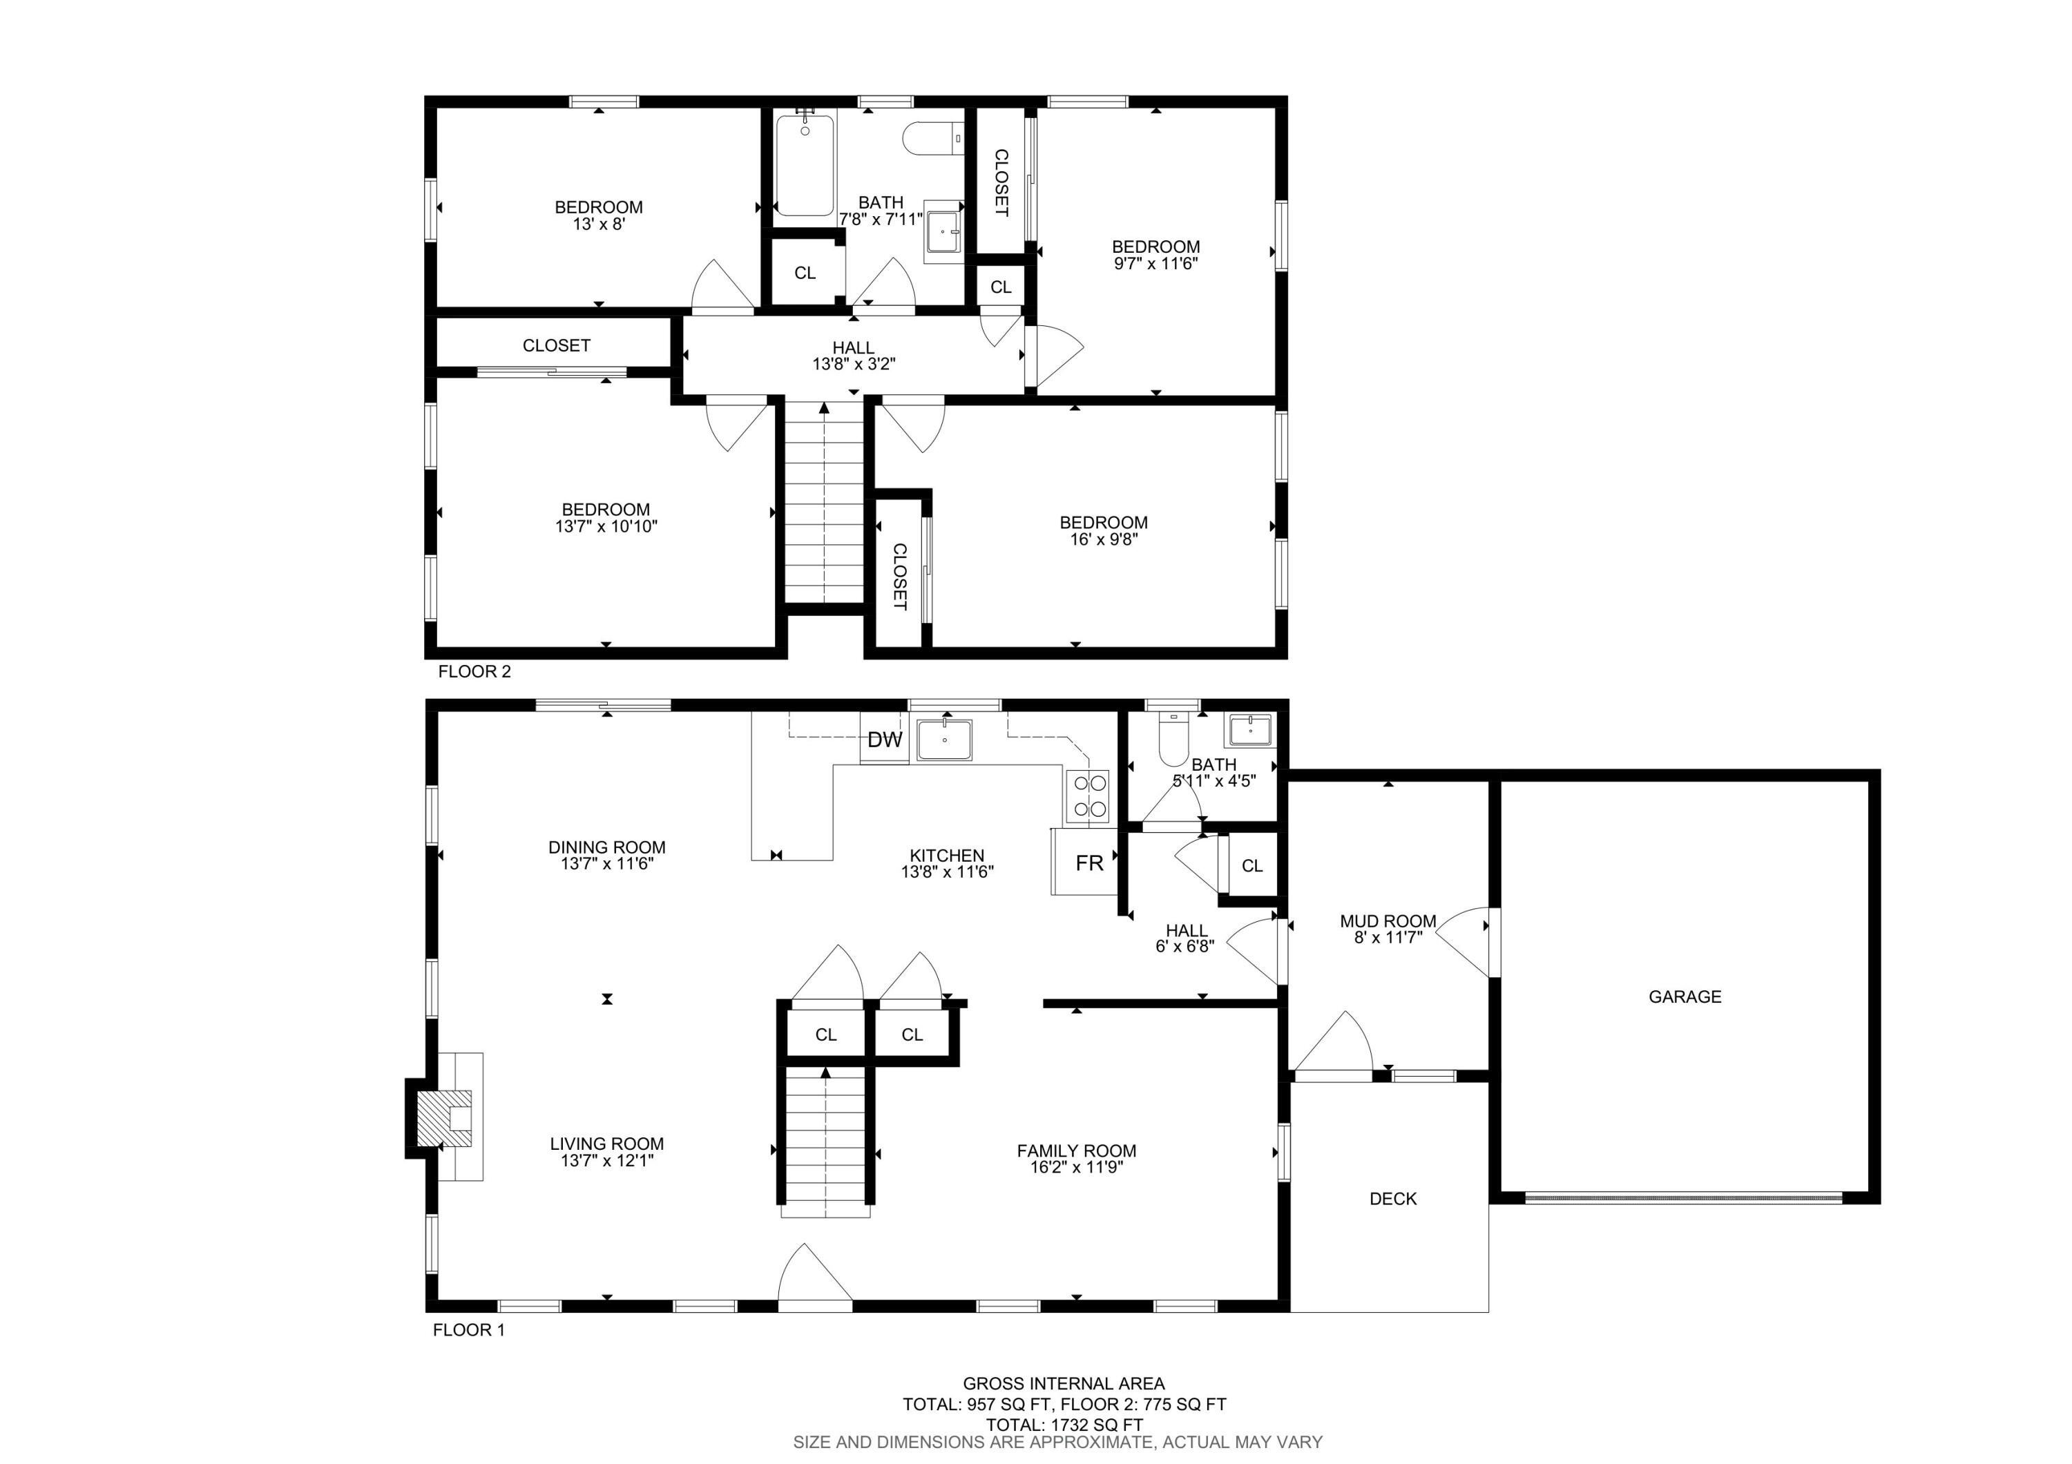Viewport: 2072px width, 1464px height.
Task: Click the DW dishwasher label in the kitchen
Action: (x=884, y=740)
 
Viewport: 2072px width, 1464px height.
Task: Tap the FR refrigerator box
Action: (x=1088, y=863)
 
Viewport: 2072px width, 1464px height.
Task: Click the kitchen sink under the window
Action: (x=945, y=740)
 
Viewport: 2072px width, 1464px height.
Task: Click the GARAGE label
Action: (x=1684, y=996)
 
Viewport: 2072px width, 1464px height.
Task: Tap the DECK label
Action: (x=1392, y=1199)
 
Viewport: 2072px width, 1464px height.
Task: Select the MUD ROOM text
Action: (x=1387, y=921)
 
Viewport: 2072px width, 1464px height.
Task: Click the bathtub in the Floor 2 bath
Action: (x=804, y=165)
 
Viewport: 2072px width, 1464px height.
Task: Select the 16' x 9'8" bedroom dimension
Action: (x=1103, y=539)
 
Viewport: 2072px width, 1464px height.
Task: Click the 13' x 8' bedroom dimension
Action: (x=598, y=224)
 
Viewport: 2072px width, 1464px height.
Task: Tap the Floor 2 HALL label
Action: (x=853, y=347)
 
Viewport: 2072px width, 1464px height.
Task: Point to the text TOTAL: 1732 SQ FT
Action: (x=1063, y=1425)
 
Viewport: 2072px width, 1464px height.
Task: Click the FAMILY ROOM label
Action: (x=1075, y=1151)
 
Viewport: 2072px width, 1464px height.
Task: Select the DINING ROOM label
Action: (x=606, y=847)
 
